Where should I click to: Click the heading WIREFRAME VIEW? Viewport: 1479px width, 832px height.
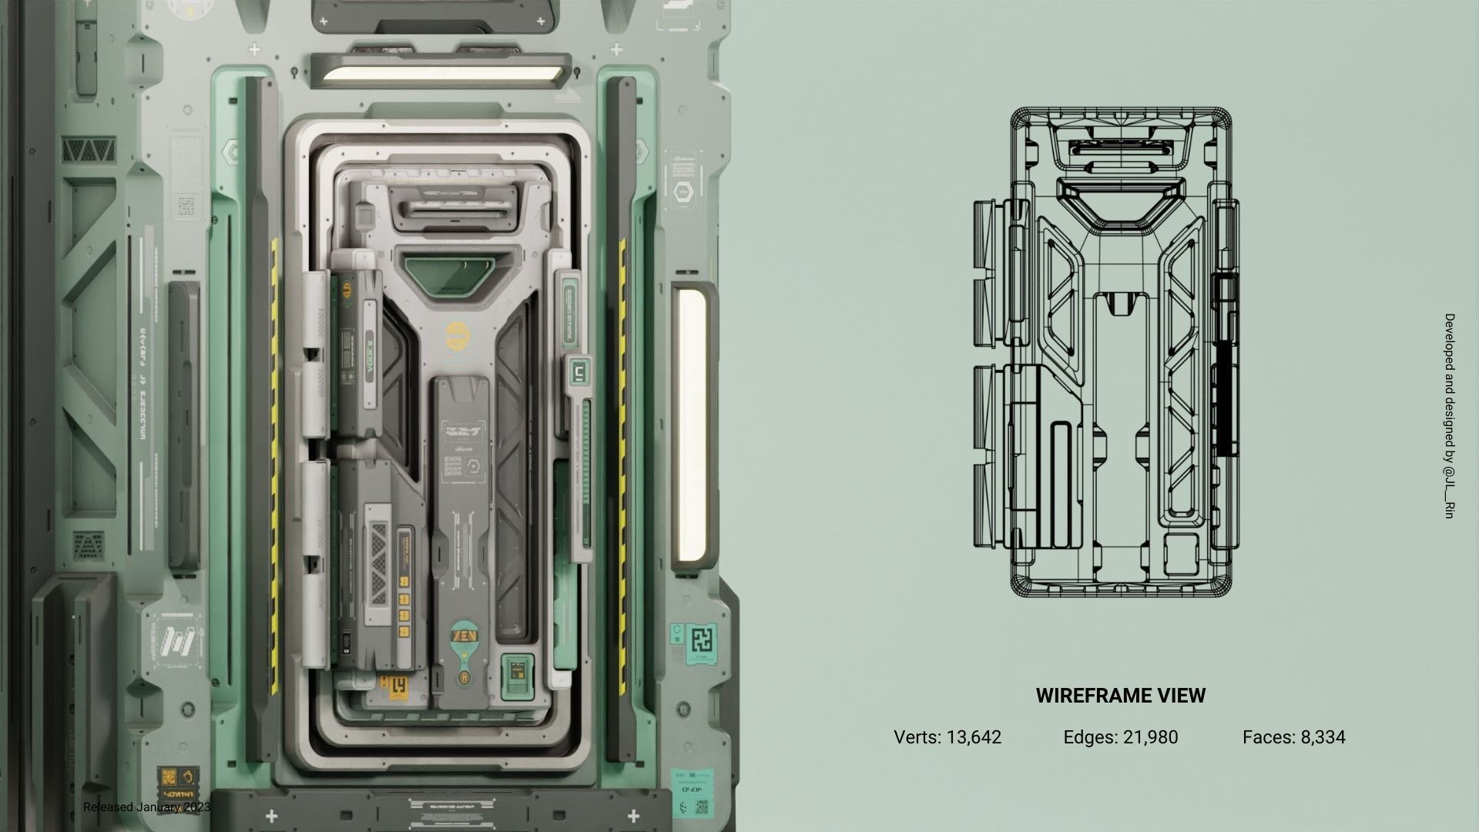[x=1120, y=696]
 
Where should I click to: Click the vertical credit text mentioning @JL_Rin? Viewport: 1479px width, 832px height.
[x=1449, y=416]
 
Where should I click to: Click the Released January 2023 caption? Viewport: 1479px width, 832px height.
[x=146, y=807]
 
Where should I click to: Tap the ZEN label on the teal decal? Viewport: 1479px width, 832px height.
[x=468, y=637]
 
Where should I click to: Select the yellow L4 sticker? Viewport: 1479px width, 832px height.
[x=393, y=683]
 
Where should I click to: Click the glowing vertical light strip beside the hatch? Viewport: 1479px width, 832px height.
[x=691, y=424]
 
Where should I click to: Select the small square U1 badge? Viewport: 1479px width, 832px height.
[x=578, y=374]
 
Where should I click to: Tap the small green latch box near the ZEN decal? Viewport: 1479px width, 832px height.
[x=518, y=676]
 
